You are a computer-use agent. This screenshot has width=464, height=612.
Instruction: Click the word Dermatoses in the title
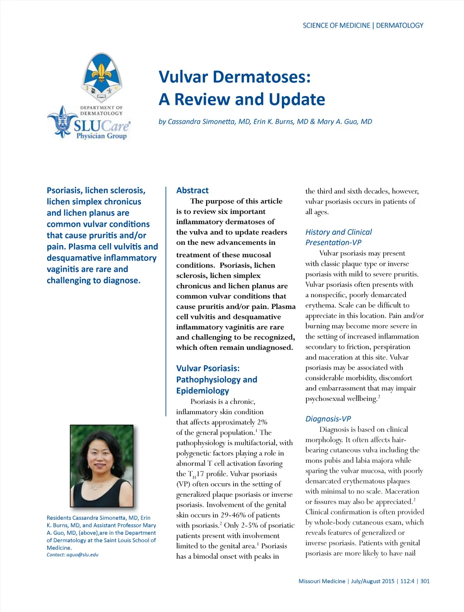point(261,77)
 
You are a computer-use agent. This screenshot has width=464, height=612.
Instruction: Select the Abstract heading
point(192,191)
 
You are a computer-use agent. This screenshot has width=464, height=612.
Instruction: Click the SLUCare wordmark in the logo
point(101,125)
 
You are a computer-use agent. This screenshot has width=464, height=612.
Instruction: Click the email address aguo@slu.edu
point(82,555)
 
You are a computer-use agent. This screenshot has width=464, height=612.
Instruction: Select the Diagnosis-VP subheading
point(328,419)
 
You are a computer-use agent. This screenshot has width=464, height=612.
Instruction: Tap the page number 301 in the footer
point(425,581)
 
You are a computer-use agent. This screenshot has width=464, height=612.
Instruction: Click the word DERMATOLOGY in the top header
point(400,25)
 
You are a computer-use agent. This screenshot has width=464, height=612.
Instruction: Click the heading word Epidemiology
point(203,391)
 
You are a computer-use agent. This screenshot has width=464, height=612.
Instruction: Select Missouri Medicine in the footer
point(322,581)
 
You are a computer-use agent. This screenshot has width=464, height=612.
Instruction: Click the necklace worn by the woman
point(97,486)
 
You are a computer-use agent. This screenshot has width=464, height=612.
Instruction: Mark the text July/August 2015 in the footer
point(372,581)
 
